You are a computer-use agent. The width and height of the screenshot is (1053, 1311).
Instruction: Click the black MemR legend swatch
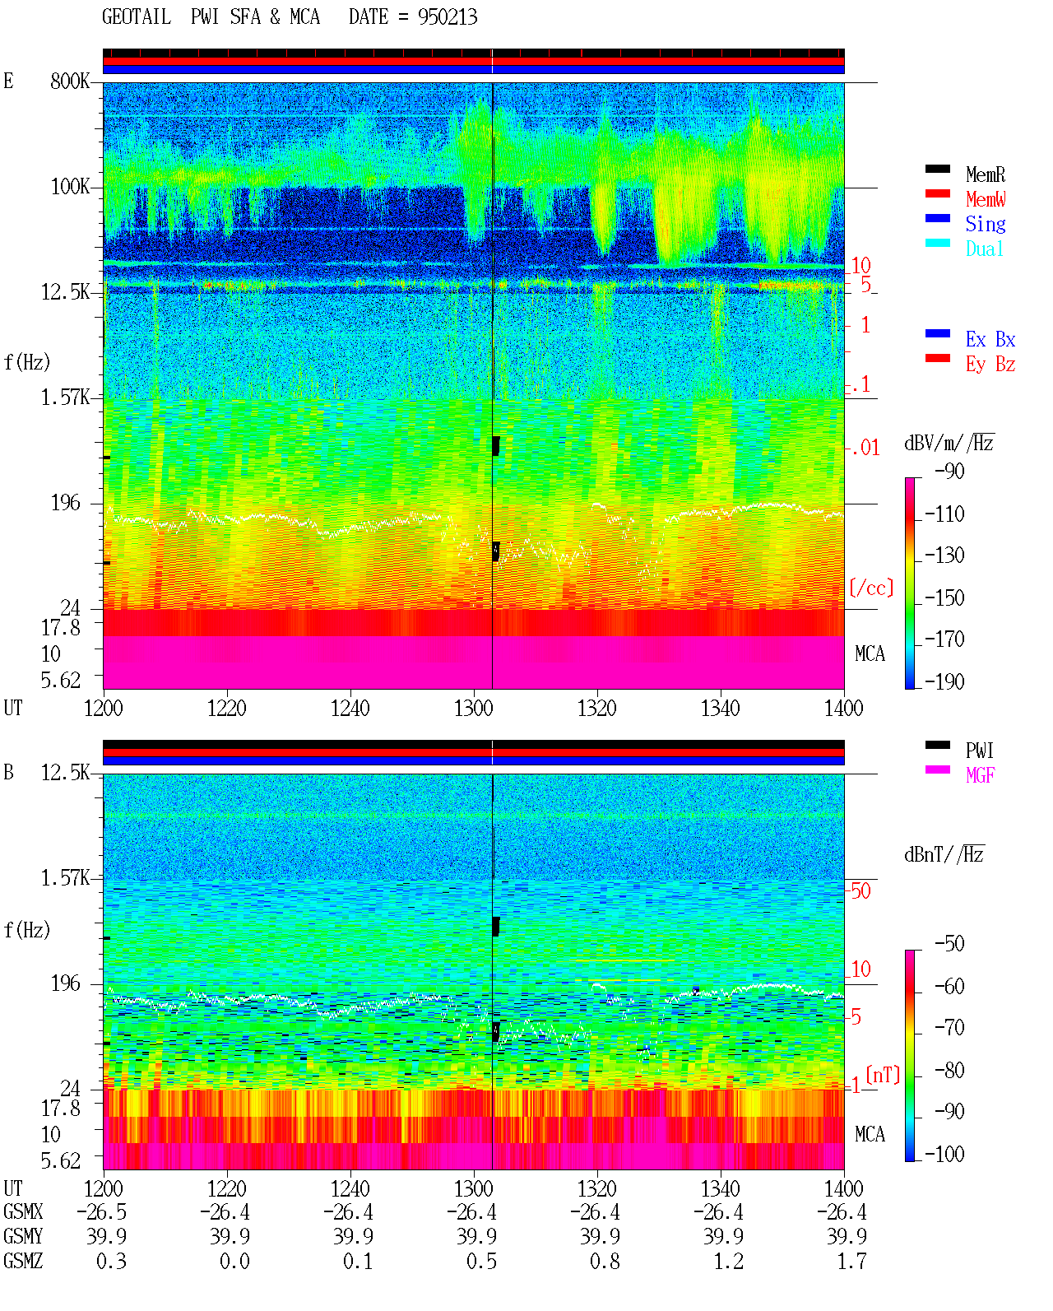click(937, 169)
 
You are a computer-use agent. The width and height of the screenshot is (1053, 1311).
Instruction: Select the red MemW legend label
click(986, 199)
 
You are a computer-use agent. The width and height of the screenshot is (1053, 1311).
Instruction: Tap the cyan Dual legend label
click(984, 249)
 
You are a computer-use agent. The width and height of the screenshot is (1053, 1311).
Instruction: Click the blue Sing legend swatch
click(937, 218)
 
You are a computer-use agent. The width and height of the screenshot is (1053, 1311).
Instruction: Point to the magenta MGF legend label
click(980, 775)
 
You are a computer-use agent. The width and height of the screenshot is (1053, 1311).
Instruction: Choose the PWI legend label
click(979, 751)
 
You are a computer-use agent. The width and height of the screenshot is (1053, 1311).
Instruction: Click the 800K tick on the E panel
click(69, 81)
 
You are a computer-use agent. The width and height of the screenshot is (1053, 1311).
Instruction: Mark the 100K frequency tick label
click(69, 187)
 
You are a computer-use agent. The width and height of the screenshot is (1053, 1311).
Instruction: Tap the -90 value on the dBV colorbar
click(949, 472)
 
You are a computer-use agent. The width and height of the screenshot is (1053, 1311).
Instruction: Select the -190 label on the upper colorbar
click(944, 682)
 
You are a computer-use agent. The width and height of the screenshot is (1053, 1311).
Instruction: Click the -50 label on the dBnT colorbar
click(949, 944)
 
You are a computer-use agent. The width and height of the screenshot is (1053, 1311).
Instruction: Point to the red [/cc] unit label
click(871, 588)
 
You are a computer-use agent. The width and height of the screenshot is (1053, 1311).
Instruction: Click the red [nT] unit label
click(883, 1075)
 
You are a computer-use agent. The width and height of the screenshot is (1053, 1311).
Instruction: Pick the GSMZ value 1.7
click(851, 1261)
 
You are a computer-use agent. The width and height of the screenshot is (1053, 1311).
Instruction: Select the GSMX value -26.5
click(102, 1211)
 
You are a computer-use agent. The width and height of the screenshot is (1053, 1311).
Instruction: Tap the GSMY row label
click(23, 1236)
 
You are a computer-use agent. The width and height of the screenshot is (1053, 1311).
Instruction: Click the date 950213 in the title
click(448, 17)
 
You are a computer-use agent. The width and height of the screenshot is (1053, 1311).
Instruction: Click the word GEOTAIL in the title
click(137, 17)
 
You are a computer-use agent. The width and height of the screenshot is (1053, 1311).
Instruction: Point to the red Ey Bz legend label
click(990, 365)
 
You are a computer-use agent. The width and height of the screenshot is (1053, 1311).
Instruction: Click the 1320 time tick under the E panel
click(597, 709)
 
